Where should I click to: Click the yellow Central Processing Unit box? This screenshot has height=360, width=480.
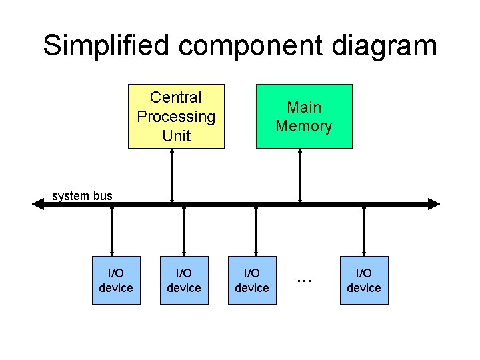[x=176, y=116]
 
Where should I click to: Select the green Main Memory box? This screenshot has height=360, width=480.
[x=304, y=116]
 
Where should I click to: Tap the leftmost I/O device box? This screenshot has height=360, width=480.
[x=116, y=280]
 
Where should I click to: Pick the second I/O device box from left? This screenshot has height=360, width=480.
[x=184, y=280]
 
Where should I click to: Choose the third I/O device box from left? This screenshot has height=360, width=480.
[x=252, y=280]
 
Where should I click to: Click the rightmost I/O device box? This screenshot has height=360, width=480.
[x=364, y=280]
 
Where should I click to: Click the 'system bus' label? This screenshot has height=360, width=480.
[x=82, y=196]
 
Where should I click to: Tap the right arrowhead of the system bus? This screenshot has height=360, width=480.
[x=434, y=204]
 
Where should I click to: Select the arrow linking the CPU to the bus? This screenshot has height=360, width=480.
[x=173, y=175]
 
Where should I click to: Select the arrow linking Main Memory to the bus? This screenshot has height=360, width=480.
[x=300, y=175]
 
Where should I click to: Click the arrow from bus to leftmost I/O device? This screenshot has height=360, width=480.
[x=112, y=231]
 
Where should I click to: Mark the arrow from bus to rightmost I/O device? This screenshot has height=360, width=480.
[x=364, y=231]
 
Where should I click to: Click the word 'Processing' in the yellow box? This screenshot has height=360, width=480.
[x=176, y=117]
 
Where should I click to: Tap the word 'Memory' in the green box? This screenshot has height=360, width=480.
[x=304, y=126]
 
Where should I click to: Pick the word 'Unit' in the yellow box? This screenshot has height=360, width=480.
[x=176, y=136]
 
